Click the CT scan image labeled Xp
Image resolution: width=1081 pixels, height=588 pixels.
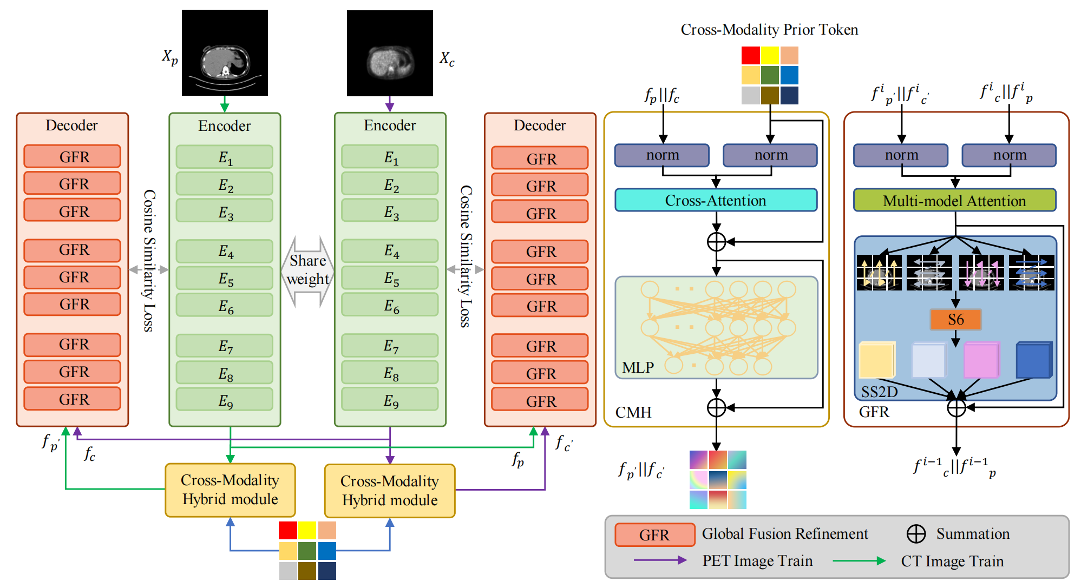(x=225, y=52)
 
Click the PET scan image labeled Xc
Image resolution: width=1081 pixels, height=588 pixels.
(x=390, y=53)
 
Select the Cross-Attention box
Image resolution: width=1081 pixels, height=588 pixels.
(x=716, y=200)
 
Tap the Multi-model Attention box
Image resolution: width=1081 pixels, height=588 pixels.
(x=954, y=201)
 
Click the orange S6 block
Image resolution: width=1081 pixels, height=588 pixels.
(x=955, y=320)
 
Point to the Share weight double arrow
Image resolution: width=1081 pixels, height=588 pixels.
(x=308, y=270)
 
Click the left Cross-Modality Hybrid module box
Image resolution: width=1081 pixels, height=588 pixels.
(x=230, y=490)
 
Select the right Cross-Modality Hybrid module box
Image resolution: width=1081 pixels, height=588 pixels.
(x=390, y=491)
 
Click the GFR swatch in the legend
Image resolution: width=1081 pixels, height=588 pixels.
(x=654, y=535)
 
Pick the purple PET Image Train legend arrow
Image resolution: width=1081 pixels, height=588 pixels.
(x=660, y=560)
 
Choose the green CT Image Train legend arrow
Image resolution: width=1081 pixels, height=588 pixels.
(x=859, y=561)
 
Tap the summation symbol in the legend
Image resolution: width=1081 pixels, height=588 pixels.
(x=916, y=534)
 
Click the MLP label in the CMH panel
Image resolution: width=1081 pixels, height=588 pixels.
(x=638, y=368)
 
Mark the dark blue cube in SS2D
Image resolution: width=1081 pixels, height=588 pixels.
(x=1033, y=360)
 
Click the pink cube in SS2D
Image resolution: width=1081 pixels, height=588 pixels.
(x=981, y=360)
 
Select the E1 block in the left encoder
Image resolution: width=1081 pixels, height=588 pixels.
(x=225, y=157)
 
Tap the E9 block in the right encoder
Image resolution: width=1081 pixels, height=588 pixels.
(x=390, y=401)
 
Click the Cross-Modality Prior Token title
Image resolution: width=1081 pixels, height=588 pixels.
(x=769, y=30)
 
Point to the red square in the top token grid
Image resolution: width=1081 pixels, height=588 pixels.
(x=750, y=56)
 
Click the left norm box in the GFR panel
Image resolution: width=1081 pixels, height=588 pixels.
(x=901, y=155)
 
